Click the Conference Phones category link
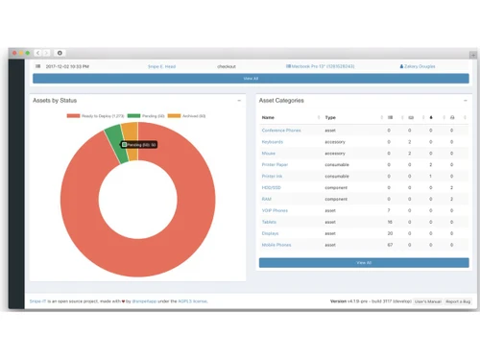[x=281, y=131]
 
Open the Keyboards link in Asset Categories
[x=273, y=142]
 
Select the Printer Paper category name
[x=276, y=165]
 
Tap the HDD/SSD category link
[x=272, y=188]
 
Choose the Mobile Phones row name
[x=276, y=245]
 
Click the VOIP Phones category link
[x=275, y=210]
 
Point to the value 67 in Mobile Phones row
[x=390, y=245]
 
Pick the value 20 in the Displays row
[x=390, y=233]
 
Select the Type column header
[x=330, y=118]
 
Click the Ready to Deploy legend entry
[x=96, y=116]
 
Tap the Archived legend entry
[x=187, y=116]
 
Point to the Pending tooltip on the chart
[x=139, y=145]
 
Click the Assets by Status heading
[x=55, y=100]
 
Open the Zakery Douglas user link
[x=418, y=67]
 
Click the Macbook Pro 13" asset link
[x=321, y=67]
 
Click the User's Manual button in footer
[x=427, y=301]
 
